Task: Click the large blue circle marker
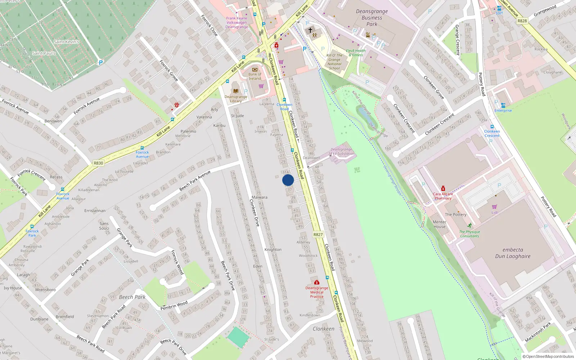click(288, 180)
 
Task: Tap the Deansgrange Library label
click(236, 99)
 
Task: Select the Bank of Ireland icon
click(255, 70)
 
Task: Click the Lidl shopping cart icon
click(494, 207)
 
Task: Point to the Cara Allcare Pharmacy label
click(443, 196)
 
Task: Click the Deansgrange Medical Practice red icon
click(316, 282)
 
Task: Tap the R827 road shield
click(318, 235)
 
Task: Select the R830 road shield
click(98, 163)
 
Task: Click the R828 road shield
click(522, 21)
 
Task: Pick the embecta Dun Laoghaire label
click(513, 253)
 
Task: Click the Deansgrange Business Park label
click(372, 18)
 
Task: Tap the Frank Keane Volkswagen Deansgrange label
click(237, 22)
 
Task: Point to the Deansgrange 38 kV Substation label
click(341, 152)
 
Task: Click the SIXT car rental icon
click(499, 8)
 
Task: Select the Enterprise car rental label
click(503, 111)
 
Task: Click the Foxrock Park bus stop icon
click(32, 226)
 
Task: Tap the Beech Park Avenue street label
click(195, 181)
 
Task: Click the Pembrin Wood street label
click(174, 306)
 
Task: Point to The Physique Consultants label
click(469, 234)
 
